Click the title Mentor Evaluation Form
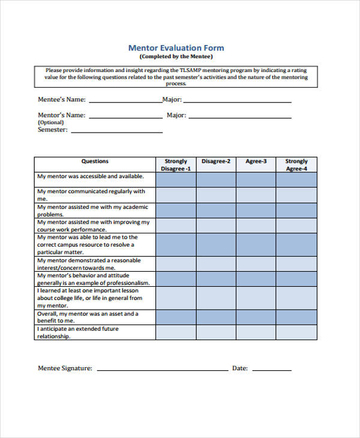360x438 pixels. [x=176, y=47]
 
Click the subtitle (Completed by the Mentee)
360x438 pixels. [x=176, y=56]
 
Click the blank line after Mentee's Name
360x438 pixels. [x=125, y=101]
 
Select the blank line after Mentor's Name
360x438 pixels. [x=125, y=116]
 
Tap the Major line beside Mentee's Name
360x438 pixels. [x=237, y=101]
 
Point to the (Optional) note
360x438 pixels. [x=51, y=122]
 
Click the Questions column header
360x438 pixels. [x=95, y=161]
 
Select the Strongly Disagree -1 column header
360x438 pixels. [x=176, y=165]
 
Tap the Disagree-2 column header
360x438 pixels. [x=216, y=161]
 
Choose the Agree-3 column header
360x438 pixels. [x=256, y=161]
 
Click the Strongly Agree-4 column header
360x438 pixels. [x=296, y=165]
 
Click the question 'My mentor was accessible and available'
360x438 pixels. [x=91, y=176]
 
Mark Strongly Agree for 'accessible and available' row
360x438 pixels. [x=296, y=180]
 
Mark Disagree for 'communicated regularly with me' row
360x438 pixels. [x=216, y=195]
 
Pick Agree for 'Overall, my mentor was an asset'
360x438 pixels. [x=256, y=317]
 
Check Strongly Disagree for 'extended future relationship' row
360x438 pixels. [x=176, y=333]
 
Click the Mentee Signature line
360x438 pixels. [x=162, y=368]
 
